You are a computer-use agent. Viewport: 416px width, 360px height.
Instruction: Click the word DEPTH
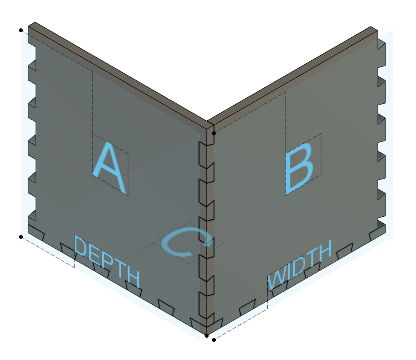pos(106,263)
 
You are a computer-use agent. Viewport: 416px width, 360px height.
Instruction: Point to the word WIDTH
pos(300,265)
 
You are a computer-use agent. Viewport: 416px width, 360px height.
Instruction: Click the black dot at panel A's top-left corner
pos(21,30)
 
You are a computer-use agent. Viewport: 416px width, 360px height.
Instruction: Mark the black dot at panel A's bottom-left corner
pos(21,237)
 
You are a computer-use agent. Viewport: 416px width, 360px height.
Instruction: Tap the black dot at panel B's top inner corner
pos(214,133)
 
